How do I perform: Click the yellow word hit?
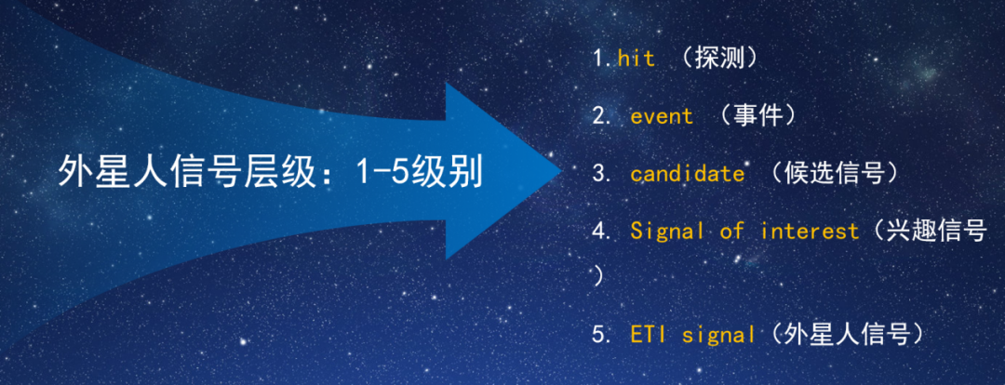pyautogui.click(x=636, y=59)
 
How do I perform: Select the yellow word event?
pyautogui.click(x=662, y=116)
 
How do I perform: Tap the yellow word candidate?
pyautogui.click(x=688, y=174)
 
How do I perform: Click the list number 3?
pyautogui.click(x=599, y=174)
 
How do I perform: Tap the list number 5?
pyautogui.click(x=599, y=336)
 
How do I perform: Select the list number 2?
pyautogui.click(x=599, y=116)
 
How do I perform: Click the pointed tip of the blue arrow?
pyautogui.click(x=561, y=171)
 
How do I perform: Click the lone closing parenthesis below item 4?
pyautogui.click(x=597, y=277)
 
